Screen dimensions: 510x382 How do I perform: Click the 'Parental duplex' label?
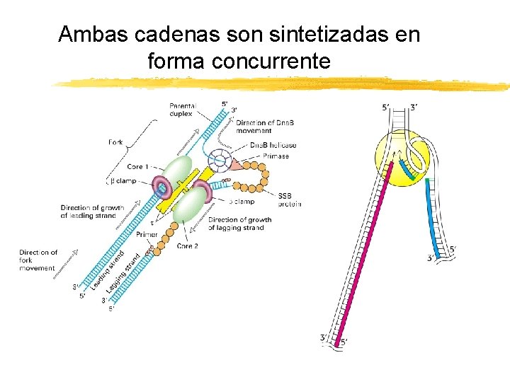coord(183,110)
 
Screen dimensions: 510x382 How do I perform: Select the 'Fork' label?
coord(115,142)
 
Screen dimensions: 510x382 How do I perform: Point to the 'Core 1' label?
coord(137,167)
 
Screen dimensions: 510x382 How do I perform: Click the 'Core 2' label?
coord(187,246)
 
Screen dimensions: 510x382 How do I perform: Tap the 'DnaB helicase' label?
coord(273,146)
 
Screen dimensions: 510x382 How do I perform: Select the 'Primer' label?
coord(147,234)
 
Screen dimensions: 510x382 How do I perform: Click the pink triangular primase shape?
coord(234,164)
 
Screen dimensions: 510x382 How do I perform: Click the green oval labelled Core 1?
coord(176,173)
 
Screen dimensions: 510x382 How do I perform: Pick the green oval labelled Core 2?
coord(189,205)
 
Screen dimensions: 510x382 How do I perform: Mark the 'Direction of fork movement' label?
coord(38,260)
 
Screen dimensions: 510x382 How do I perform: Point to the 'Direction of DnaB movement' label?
coord(265,127)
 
